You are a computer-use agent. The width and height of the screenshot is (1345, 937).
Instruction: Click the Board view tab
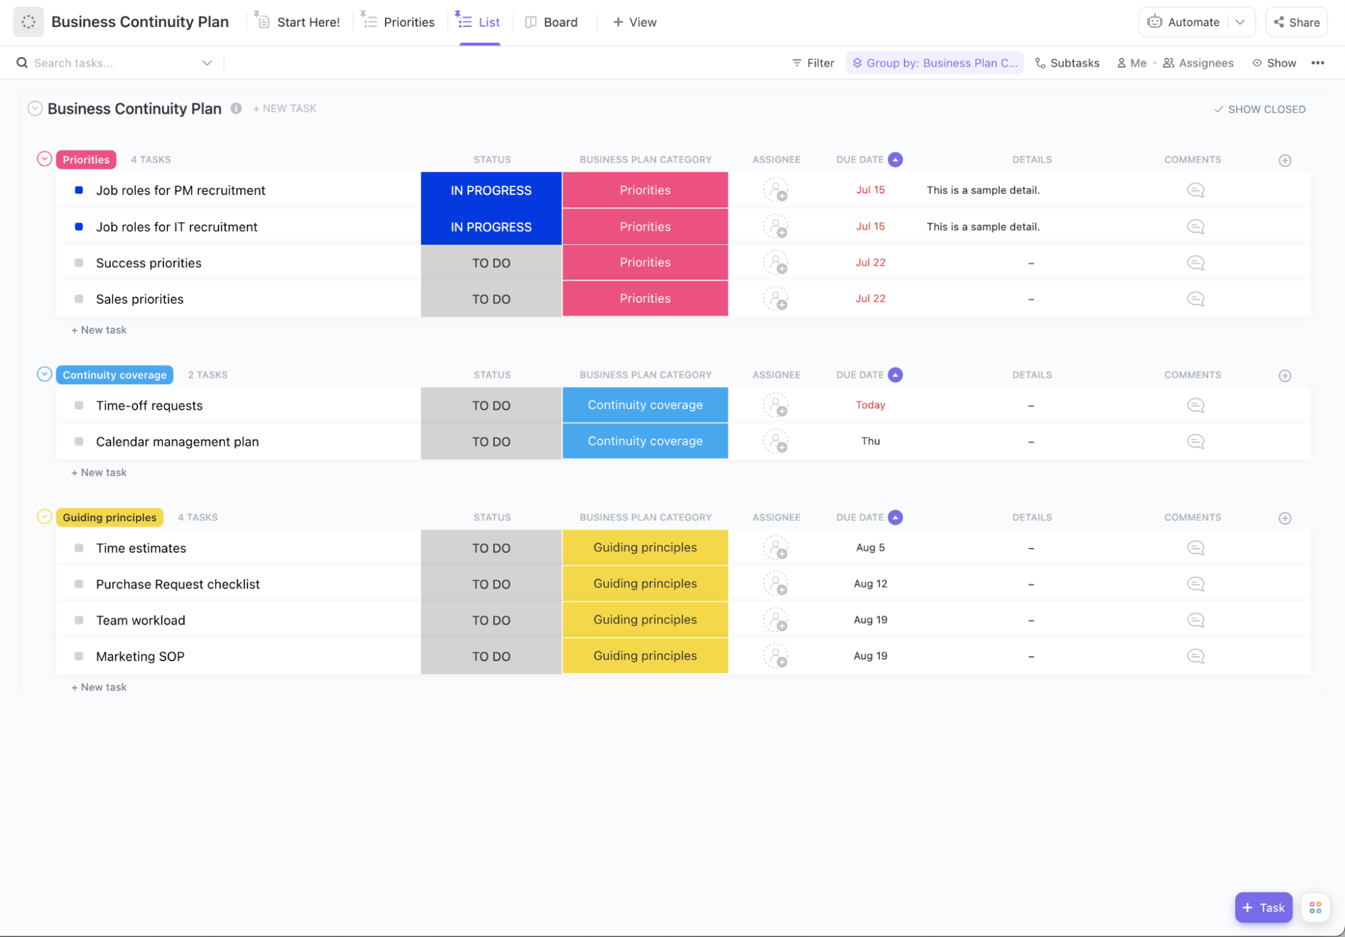point(552,22)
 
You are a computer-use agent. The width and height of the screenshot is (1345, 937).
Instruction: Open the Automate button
point(1184,22)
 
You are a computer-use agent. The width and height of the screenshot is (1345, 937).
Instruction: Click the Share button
point(1297,22)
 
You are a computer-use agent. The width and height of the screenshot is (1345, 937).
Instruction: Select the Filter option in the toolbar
point(813,63)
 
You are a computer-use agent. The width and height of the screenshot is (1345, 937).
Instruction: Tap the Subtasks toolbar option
point(1067,63)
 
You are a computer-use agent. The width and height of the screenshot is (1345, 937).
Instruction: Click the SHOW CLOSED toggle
point(1260,109)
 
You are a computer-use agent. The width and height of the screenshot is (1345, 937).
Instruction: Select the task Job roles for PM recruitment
point(180,190)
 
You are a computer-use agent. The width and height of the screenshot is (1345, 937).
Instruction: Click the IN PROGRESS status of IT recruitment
point(491,227)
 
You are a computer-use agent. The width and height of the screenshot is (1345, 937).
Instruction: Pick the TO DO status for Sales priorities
point(491,299)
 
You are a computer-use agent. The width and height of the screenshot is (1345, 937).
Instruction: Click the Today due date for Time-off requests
point(870,405)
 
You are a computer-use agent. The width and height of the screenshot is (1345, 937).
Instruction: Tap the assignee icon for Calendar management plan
point(776,441)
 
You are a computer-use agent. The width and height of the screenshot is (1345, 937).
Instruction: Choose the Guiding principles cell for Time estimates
point(645,548)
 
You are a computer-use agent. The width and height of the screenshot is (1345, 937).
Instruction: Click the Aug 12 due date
point(870,584)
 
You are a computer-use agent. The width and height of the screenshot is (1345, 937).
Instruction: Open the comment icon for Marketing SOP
point(1195,656)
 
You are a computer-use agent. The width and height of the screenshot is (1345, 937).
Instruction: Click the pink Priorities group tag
point(86,159)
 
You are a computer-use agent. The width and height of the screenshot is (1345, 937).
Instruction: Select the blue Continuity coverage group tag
point(114,375)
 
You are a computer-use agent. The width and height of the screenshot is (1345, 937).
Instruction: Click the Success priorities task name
point(149,263)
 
